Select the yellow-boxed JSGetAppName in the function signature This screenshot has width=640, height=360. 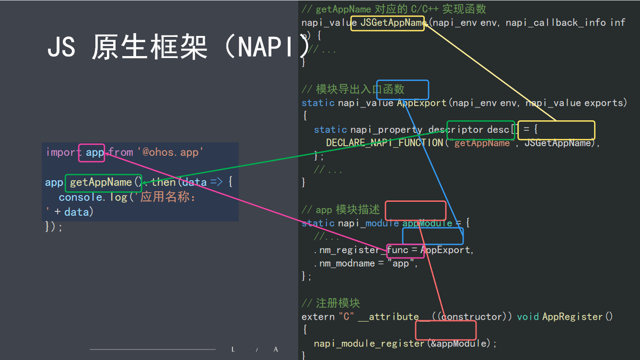(387, 23)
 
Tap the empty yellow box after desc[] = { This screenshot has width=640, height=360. (556, 130)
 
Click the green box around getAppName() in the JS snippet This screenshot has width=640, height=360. (103, 183)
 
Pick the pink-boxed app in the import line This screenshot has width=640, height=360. (92, 152)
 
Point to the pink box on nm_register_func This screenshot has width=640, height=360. (398, 250)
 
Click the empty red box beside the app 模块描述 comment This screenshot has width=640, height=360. (416, 210)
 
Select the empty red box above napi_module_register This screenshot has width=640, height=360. (445, 330)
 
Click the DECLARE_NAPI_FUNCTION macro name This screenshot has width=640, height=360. (384, 143)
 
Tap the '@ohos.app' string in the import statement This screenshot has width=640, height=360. (171, 152)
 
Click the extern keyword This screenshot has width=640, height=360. (318, 317)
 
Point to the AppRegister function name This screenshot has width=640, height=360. (572, 317)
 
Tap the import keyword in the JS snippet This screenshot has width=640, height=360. (64, 152)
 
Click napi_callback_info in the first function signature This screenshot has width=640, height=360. (556, 23)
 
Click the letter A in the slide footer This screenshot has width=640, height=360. (276, 349)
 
